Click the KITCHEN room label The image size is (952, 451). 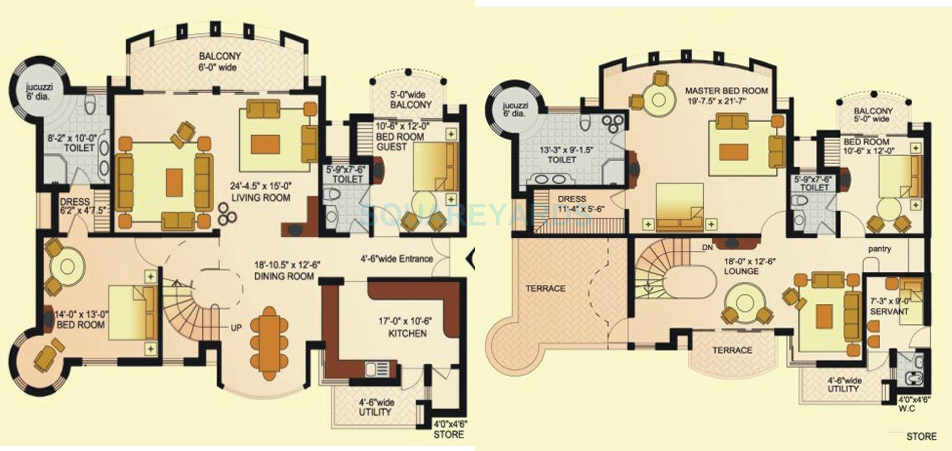click(407, 333)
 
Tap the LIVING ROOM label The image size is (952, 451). click(261, 198)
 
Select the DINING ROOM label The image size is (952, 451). click(284, 277)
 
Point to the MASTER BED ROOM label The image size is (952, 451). click(727, 91)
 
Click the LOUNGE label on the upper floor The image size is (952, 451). click(741, 271)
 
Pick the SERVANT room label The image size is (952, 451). click(889, 311)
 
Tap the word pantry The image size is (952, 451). click(879, 249)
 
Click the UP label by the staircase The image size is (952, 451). click(236, 328)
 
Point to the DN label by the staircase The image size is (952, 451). click(707, 248)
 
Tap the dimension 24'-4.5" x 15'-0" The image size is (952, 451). click(261, 185)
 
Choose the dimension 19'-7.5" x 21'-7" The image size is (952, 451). click(727, 101)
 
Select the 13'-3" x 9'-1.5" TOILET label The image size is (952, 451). click(562, 155)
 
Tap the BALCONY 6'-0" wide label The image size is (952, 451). click(220, 61)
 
